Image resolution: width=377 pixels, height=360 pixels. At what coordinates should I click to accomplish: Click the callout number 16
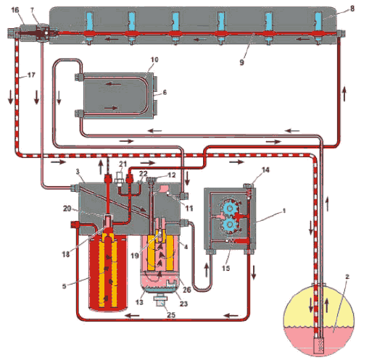(15, 10)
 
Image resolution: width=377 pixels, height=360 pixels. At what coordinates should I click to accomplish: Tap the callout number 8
(352, 9)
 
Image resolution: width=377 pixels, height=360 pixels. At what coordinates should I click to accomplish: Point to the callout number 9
(241, 62)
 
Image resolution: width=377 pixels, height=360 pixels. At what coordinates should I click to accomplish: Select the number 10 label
(154, 59)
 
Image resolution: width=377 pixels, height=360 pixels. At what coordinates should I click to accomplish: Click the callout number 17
(31, 75)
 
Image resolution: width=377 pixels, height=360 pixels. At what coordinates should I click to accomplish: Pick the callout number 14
(265, 170)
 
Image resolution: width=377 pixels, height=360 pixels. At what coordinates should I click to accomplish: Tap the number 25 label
(171, 314)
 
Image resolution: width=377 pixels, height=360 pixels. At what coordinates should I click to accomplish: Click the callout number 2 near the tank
(347, 277)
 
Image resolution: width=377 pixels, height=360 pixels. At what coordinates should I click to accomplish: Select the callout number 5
(64, 286)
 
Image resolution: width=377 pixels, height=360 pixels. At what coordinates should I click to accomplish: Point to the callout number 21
(123, 164)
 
